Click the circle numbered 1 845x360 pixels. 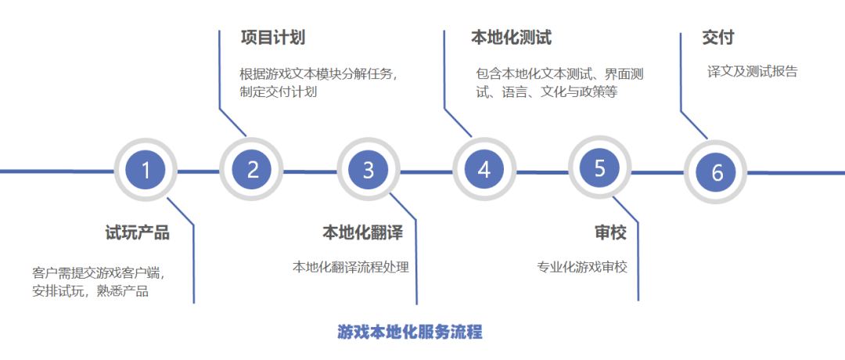coord(146,170)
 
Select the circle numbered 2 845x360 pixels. coord(252,170)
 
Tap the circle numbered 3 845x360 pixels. coord(369,170)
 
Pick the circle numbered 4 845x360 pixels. coord(484,170)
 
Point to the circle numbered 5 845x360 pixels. coord(599,168)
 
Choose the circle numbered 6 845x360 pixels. coord(717,172)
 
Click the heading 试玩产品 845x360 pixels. coord(137,232)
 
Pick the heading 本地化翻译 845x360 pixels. coord(362,232)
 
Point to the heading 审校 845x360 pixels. coord(610,232)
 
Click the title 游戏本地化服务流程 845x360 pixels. coord(410,332)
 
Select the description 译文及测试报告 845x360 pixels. coord(752,71)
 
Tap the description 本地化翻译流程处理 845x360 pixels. coord(351,267)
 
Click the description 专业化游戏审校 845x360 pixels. coord(581,267)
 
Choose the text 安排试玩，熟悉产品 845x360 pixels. coord(90,292)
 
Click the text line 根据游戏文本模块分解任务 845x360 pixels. coord(319,74)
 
